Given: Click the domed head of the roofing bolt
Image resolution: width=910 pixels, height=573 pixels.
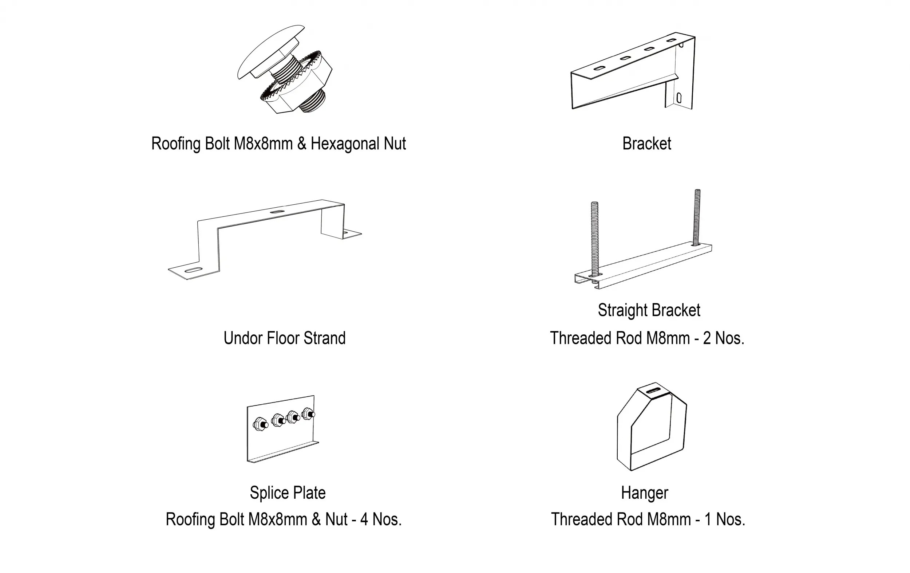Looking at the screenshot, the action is point(270,52).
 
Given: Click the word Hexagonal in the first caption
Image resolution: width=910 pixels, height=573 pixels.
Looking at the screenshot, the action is point(345,144).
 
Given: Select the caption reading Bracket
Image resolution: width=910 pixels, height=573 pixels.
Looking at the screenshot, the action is point(646,144).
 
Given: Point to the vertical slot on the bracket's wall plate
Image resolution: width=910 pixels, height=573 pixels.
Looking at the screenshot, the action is point(679,98).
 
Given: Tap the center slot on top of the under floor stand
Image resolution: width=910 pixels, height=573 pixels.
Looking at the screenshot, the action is point(278,211).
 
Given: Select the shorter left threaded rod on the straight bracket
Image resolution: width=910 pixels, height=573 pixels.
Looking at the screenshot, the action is point(595,239).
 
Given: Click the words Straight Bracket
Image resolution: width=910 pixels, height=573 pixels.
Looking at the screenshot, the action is point(649,310).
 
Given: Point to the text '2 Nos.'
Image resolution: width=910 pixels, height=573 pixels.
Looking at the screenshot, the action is point(723,338).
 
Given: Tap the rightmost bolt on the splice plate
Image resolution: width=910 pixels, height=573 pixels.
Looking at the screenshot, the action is point(308,413).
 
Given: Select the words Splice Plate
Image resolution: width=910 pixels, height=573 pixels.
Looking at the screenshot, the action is point(288,493).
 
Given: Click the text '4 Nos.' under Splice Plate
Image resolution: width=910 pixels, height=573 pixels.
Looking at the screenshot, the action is point(381,519).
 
